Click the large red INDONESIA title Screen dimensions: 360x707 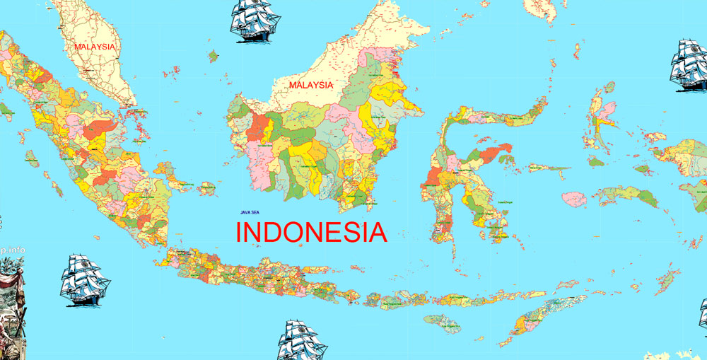[x=311, y=232]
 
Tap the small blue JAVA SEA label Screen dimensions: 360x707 [x=250, y=211]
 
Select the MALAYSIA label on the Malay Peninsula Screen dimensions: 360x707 [x=94, y=47]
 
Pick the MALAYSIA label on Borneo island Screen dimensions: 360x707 [x=310, y=84]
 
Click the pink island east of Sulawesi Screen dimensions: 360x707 [x=574, y=199]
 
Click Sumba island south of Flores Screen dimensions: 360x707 [x=442, y=324]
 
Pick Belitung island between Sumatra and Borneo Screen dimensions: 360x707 [x=206, y=188]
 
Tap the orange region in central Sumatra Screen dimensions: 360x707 [x=99, y=129]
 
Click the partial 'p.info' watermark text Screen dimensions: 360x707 [x=12, y=250]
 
